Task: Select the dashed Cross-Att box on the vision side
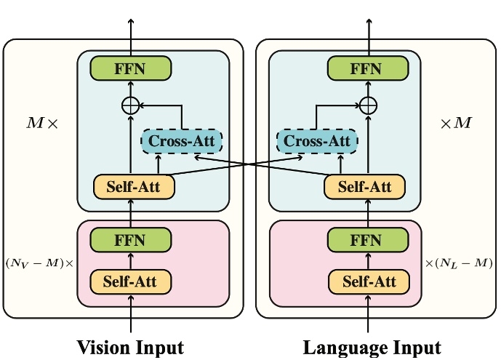point(182,140)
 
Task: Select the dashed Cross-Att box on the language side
point(318,140)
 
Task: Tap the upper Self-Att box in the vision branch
point(135,187)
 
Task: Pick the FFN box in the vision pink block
point(131,241)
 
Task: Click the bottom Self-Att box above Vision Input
point(131,281)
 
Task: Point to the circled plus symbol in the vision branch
point(130,105)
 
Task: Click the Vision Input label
point(131,347)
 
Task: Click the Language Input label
point(372,347)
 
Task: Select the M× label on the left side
point(41,122)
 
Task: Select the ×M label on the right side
point(457,122)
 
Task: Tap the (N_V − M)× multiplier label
point(39,263)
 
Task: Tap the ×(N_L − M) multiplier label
point(459,263)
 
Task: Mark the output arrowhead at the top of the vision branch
point(131,21)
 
